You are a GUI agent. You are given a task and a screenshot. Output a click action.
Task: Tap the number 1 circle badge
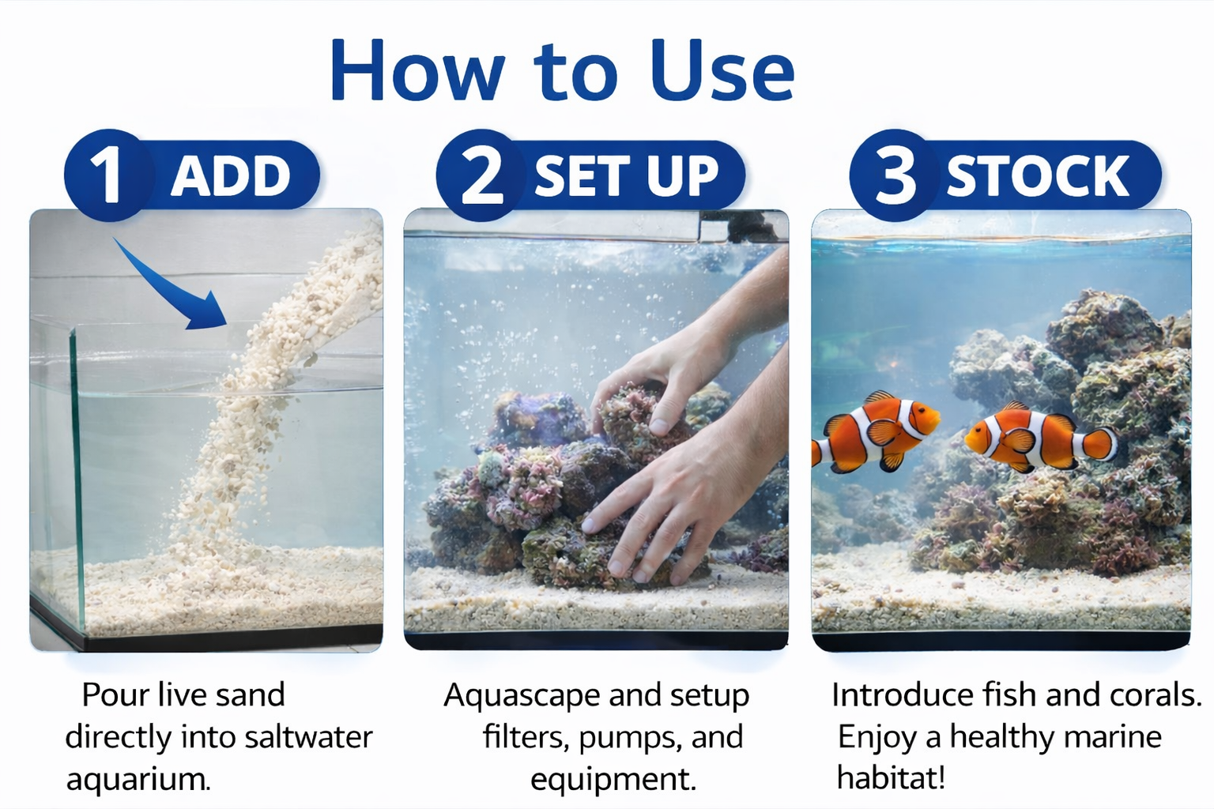click(x=106, y=175)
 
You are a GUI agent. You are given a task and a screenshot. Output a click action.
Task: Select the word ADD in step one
click(x=231, y=176)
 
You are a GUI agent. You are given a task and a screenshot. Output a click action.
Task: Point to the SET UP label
click(x=626, y=176)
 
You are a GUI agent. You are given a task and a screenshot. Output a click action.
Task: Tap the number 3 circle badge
click(x=894, y=175)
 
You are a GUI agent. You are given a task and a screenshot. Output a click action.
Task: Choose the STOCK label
click(x=1038, y=176)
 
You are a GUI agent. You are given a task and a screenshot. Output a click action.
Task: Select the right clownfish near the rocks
click(x=1035, y=438)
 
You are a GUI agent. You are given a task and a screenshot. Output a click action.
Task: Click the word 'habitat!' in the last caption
click(x=891, y=778)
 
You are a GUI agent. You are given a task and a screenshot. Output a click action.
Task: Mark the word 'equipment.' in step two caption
click(x=613, y=779)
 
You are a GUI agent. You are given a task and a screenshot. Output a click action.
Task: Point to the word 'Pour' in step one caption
click(x=115, y=695)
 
